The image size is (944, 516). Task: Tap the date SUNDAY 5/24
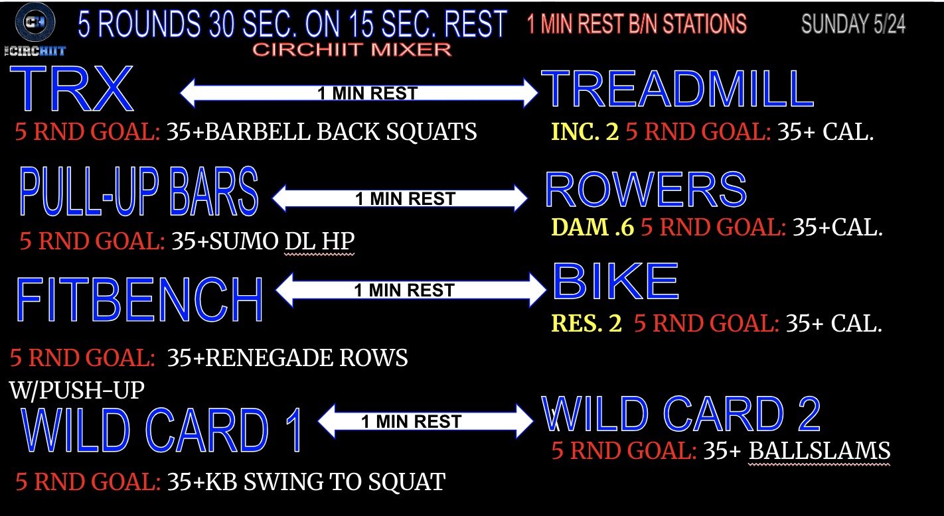tap(854, 24)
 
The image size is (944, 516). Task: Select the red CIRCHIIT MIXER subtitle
tap(352, 50)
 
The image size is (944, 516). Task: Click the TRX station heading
tap(72, 89)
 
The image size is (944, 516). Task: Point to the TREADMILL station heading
tap(678, 89)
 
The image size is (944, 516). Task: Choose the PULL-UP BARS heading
tap(139, 192)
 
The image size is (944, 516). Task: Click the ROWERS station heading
tap(646, 190)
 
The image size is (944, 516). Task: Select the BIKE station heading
tap(615, 281)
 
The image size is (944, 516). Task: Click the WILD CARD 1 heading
tap(162, 430)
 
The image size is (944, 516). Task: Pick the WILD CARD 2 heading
tap(681, 414)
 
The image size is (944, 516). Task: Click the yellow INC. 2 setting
tap(585, 132)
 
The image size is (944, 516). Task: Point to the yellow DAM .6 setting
tap(593, 227)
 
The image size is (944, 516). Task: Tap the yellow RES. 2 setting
tap(587, 323)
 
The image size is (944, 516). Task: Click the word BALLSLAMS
tap(819, 451)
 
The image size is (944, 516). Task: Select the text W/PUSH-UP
tap(77, 390)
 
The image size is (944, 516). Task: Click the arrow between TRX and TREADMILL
tap(359, 93)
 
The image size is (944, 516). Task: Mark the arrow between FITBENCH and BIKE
tap(411, 290)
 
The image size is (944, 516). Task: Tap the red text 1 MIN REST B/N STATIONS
tap(637, 24)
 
